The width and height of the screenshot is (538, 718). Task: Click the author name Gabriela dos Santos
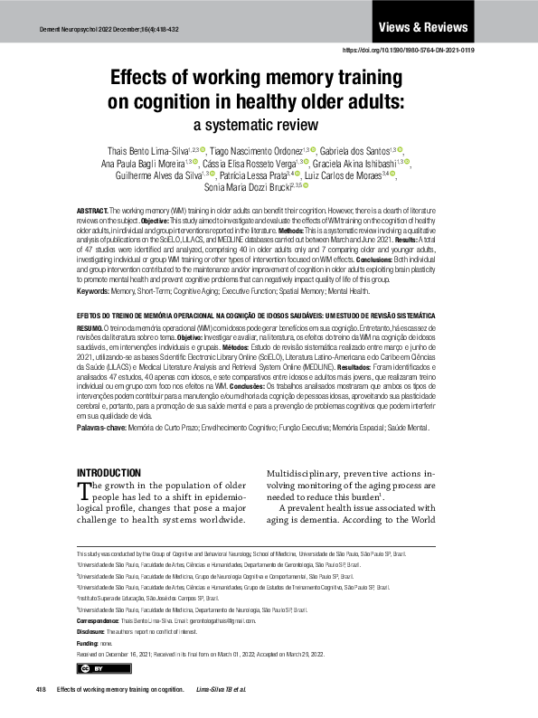pos(356,149)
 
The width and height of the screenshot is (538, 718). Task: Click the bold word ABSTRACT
pos(92,210)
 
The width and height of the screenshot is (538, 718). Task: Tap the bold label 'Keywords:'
pos(94,291)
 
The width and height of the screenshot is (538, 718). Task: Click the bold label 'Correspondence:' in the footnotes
pos(99,621)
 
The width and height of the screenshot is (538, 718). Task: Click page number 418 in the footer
pos(41,689)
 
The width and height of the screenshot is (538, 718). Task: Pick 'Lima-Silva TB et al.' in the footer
pos(221,689)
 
